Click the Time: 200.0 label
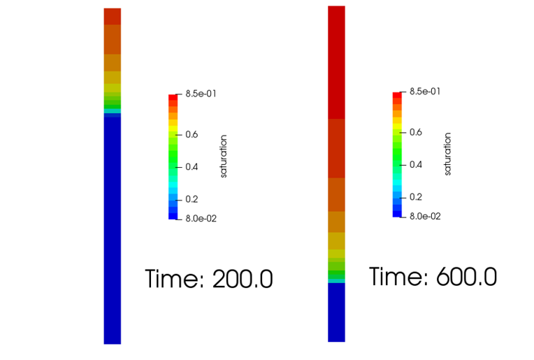click(x=208, y=280)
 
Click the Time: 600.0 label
click(x=433, y=278)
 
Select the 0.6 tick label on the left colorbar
click(x=192, y=134)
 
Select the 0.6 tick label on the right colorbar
click(x=416, y=132)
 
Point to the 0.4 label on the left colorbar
click(x=192, y=167)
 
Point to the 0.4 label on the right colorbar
click(x=416, y=165)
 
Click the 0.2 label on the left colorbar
click(x=192, y=199)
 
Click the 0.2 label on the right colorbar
click(x=416, y=197)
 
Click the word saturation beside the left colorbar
click(x=224, y=156)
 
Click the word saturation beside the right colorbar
click(x=448, y=154)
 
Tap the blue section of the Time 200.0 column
click(x=113, y=231)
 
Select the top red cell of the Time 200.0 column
click(x=113, y=16)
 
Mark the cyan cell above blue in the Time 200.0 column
click(x=113, y=110)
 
